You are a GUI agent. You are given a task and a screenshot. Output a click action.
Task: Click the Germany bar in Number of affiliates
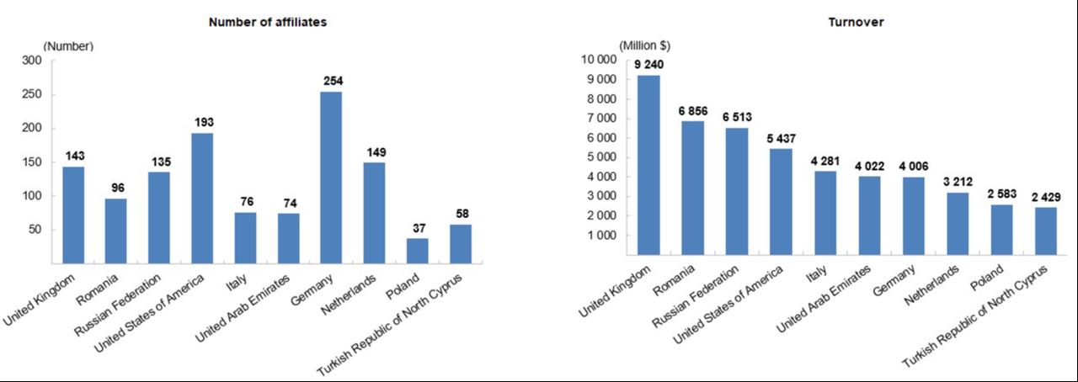(x=331, y=177)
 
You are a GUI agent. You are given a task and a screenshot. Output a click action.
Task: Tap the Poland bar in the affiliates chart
(x=417, y=250)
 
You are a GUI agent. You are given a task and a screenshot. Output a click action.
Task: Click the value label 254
(x=332, y=81)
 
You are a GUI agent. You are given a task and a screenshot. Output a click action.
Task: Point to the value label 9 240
(x=648, y=64)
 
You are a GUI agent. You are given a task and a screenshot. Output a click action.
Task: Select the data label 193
(x=202, y=122)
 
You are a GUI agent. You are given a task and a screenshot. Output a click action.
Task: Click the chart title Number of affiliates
(x=268, y=22)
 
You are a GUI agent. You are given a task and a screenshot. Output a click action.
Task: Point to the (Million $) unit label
(x=645, y=45)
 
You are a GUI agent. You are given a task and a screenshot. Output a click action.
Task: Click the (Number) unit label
(x=68, y=46)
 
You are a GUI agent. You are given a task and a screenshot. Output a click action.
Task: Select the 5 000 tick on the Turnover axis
(x=601, y=157)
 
